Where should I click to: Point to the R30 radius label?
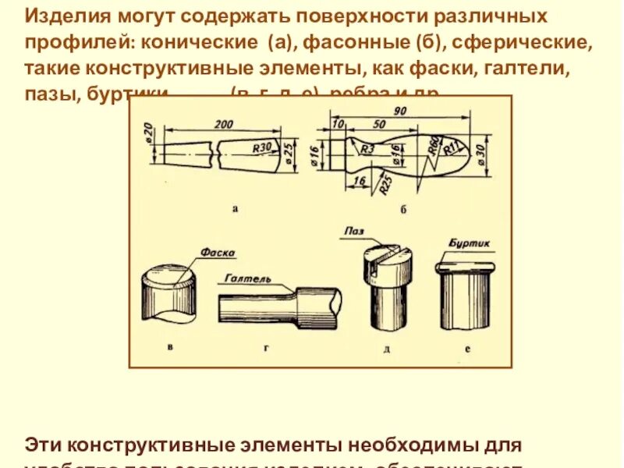coord(262,146)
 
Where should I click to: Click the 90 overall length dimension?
coord(399,111)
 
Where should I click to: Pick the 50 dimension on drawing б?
coord(379,125)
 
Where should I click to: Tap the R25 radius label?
coord(385,186)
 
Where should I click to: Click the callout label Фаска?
coord(218,253)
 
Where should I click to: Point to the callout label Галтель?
coord(247,278)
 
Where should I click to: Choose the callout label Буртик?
coord(470,243)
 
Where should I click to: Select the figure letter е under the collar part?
coord(467,349)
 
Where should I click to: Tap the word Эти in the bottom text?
coord(43,445)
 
